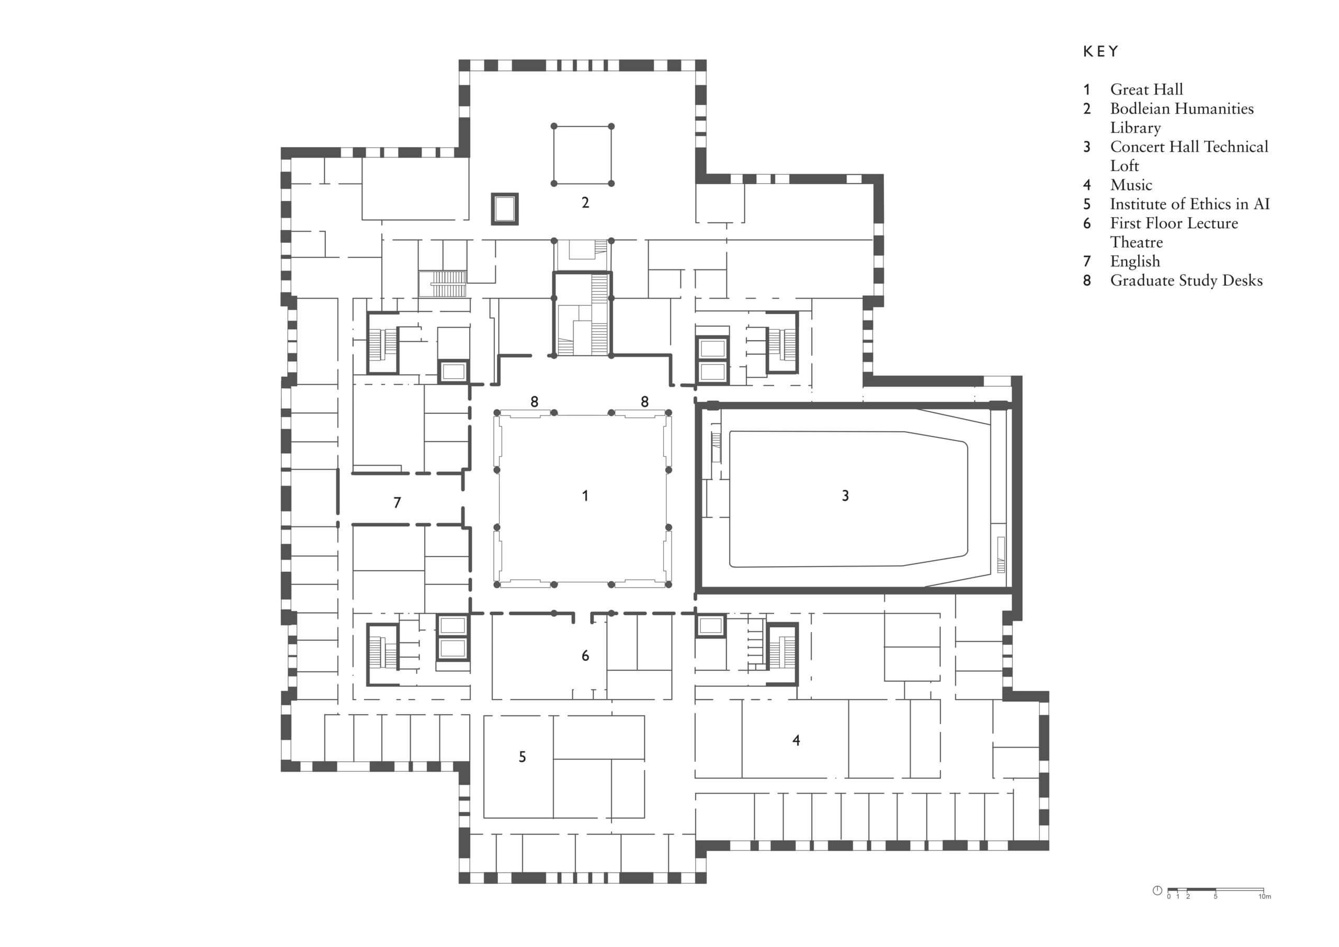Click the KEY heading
pyautogui.click(x=1100, y=52)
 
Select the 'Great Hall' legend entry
pyautogui.click(x=1146, y=89)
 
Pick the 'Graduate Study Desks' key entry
pyautogui.click(x=1186, y=280)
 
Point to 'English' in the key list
pyautogui.click(x=1134, y=262)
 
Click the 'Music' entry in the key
pyautogui.click(x=1131, y=185)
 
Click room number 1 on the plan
pyautogui.click(x=585, y=496)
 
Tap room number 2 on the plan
pyautogui.click(x=585, y=202)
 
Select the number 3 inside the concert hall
pyautogui.click(x=845, y=496)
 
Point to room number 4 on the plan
pyautogui.click(x=796, y=740)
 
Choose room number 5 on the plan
pyautogui.click(x=522, y=757)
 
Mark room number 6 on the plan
pyautogui.click(x=585, y=656)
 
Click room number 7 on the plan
pyautogui.click(x=397, y=502)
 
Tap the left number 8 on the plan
pyautogui.click(x=534, y=401)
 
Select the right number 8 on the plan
pyautogui.click(x=644, y=401)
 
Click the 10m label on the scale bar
pyautogui.click(x=1264, y=896)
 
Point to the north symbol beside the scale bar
pyautogui.click(x=1157, y=890)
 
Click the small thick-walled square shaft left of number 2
pyautogui.click(x=504, y=208)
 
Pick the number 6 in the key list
pyautogui.click(x=1086, y=223)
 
